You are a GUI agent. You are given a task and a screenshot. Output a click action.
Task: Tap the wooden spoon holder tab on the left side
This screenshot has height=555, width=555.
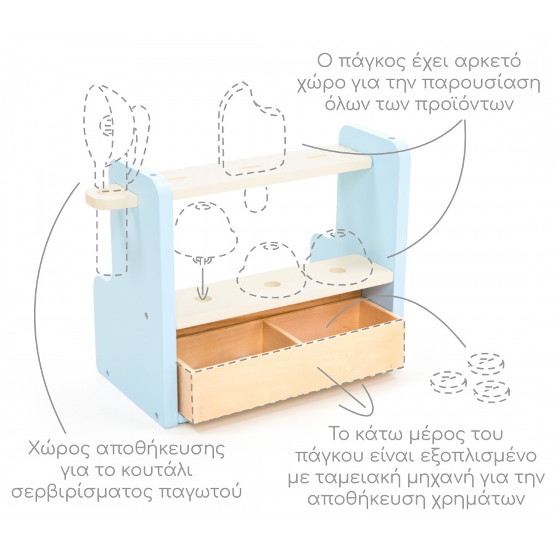pyautogui.click(x=111, y=199)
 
